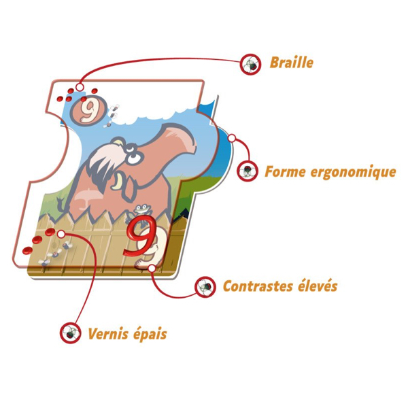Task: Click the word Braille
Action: tap(292, 63)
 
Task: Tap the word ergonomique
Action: tap(353, 173)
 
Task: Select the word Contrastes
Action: tap(258, 286)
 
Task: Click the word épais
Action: tap(150, 334)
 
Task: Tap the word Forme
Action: tap(285, 172)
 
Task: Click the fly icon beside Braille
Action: tap(250, 65)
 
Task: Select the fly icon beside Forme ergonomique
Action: tap(248, 171)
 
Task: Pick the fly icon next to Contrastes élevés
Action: tap(205, 287)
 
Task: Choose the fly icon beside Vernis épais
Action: tap(71, 333)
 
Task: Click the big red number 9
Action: tap(141, 235)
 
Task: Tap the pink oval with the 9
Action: tap(88, 110)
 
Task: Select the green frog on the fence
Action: tap(142, 209)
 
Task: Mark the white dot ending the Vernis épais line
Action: tap(61, 234)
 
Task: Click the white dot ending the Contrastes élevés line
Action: tap(152, 268)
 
